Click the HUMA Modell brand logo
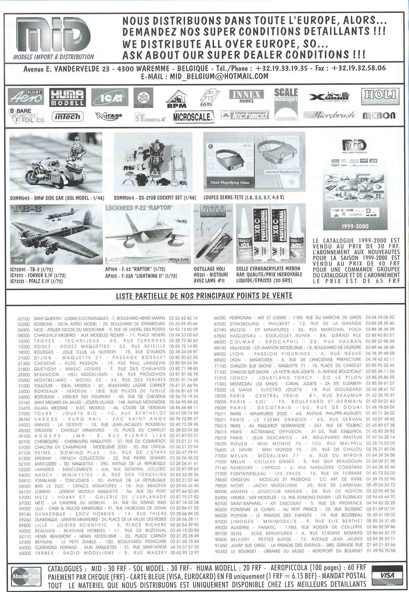(67, 97)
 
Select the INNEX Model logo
(246, 96)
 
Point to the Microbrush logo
(329, 115)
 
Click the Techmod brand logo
(244, 115)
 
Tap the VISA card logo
(387, 575)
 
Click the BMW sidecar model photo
(56, 163)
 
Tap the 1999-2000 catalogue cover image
(354, 185)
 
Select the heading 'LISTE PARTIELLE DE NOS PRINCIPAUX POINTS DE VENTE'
(204, 296)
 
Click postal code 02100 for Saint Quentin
(24, 319)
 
